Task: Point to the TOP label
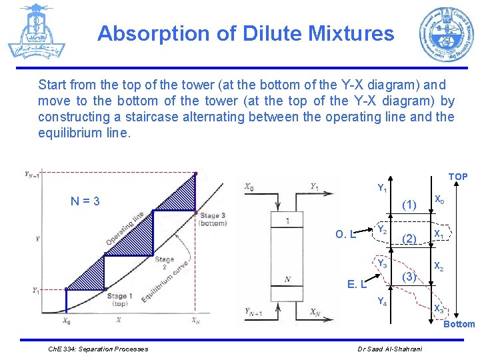[x=457, y=177]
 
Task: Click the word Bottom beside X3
[x=459, y=324]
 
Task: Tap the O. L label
[x=345, y=234]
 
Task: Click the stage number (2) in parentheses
[x=409, y=238]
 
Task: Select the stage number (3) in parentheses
[x=409, y=276]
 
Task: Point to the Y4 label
[x=382, y=301]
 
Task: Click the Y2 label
[x=382, y=230]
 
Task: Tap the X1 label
[x=439, y=234]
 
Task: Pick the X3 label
[x=439, y=309]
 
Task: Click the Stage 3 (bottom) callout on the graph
[x=212, y=219]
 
